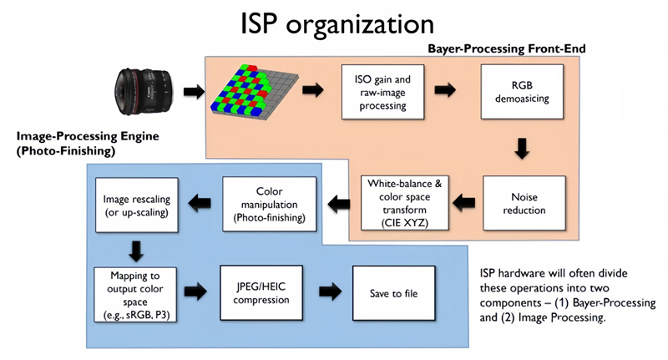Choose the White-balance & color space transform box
[399, 202]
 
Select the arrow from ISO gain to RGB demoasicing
[447, 90]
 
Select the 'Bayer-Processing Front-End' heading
[506, 49]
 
